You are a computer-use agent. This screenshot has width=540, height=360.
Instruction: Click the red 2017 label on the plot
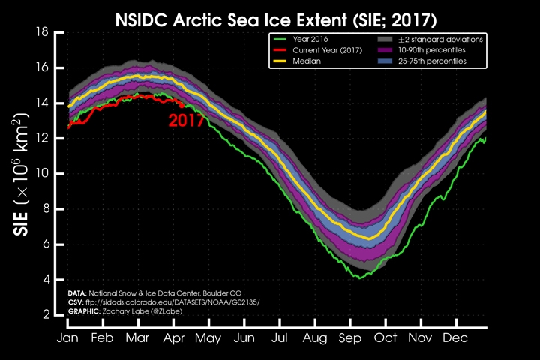pyautogui.click(x=186, y=120)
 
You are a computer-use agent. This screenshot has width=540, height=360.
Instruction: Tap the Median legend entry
pyautogui.click(x=304, y=61)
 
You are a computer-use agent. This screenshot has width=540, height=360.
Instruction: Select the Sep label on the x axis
pyautogui.click(x=350, y=338)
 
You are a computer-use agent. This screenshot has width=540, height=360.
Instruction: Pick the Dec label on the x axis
pyautogui.click(x=455, y=338)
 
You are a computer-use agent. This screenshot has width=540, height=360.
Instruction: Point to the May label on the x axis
pyautogui.click(x=208, y=338)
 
